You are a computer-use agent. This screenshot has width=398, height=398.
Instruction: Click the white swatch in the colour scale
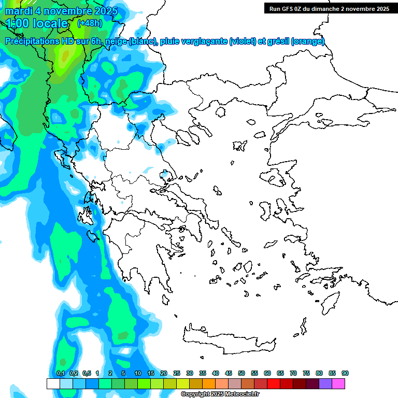coord(53,383)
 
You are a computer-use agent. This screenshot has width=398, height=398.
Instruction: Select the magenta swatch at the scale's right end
coord(338,383)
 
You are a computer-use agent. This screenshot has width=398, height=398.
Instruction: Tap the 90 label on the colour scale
coord(345,373)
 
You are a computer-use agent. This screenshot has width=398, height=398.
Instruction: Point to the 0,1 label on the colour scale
coord(61,373)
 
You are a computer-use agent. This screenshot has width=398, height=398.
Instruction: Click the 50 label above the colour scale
coord(241,373)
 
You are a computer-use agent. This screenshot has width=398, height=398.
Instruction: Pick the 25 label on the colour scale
coord(177,373)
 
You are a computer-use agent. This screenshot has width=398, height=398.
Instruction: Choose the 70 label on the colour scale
coord(293,373)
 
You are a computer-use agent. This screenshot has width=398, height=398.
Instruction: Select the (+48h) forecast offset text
coord(90,23)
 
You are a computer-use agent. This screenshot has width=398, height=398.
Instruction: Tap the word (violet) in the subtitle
coord(246,41)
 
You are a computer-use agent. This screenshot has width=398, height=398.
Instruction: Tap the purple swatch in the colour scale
coord(325,383)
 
